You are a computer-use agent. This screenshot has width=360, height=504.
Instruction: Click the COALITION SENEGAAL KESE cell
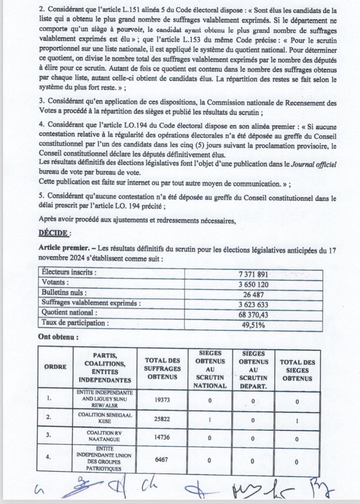(x=105, y=417)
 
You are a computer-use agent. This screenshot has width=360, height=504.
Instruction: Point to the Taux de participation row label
(x=75, y=323)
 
